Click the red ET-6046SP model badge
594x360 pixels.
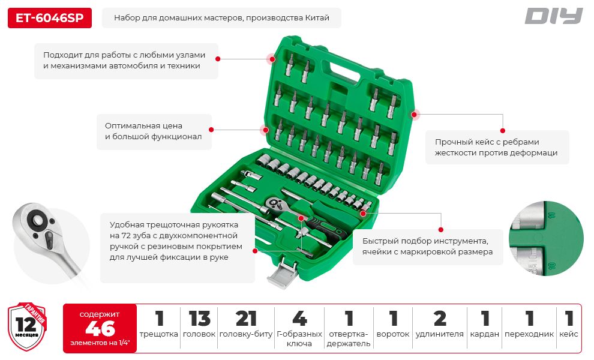tap(50, 18)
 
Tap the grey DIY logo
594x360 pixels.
tap(553, 16)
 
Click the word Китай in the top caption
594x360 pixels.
tap(317, 18)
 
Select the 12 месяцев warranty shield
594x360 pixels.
tap(27, 326)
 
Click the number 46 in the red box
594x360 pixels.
tap(100, 328)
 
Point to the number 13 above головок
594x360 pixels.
tap(199, 319)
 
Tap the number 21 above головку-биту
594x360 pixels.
tap(246, 319)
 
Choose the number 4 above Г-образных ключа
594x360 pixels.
tap(299, 319)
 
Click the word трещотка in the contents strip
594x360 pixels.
tap(159, 334)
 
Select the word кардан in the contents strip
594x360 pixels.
tap(485, 334)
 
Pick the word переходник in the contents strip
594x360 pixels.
tap(529, 334)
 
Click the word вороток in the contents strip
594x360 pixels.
tap(393, 334)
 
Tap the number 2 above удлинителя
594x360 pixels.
tap(439, 319)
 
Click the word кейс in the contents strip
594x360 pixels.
tap(569, 334)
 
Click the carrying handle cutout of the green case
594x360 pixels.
tap(345, 70)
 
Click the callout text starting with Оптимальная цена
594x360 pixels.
tap(154, 131)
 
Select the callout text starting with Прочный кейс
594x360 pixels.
tap(496, 148)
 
